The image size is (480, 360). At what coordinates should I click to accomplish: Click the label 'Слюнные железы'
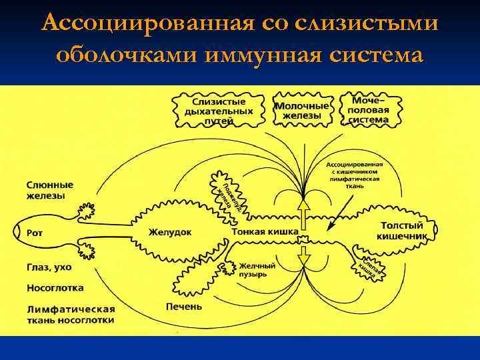[50, 190]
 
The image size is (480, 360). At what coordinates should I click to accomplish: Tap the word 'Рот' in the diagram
[35, 233]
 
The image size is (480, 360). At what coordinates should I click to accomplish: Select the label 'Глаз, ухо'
[49, 267]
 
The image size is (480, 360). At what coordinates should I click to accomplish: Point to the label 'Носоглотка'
[55, 289]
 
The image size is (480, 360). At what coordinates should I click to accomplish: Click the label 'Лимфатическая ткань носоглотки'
[71, 315]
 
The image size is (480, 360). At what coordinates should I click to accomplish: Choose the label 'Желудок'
[170, 231]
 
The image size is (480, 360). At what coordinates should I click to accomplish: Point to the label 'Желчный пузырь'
[257, 269]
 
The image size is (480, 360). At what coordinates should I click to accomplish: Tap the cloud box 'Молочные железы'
[303, 111]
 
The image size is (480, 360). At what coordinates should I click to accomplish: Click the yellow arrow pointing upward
[303, 213]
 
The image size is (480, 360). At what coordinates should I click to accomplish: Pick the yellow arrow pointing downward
[303, 255]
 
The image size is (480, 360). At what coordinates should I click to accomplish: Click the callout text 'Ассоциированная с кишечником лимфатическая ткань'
[354, 175]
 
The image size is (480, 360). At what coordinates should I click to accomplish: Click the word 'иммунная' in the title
[263, 54]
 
